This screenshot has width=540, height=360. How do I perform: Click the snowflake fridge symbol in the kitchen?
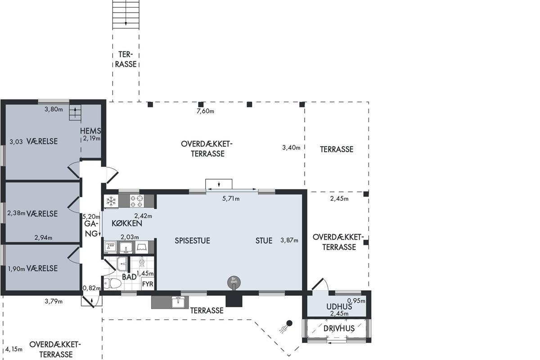pyautogui.click(x=111, y=201)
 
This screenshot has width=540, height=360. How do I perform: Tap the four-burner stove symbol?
pyautogui.click(x=137, y=201)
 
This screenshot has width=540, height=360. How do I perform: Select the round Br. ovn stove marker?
pyautogui.click(x=234, y=282)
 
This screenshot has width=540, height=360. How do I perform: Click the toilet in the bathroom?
pyautogui.click(x=112, y=283)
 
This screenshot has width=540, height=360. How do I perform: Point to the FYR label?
pyautogui.click(x=148, y=284)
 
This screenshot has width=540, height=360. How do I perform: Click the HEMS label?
pyautogui.click(x=90, y=131)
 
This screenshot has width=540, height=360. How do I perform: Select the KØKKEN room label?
pyautogui.click(x=127, y=223)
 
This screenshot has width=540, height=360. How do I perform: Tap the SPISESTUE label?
pyautogui.click(x=193, y=241)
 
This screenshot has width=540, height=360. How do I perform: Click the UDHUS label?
pyautogui.click(x=339, y=307)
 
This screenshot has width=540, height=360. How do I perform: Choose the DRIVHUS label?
pyautogui.click(x=339, y=328)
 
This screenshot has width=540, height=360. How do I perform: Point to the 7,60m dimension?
pyautogui.click(x=205, y=111)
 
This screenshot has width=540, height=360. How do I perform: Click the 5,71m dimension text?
pyautogui.click(x=231, y=199)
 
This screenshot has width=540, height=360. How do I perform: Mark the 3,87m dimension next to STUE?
pyautogui.click(x=289, y=240)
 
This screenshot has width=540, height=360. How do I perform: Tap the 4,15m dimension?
pyautogui.click(x=14, y=349)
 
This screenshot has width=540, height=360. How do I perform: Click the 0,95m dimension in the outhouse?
pyautogui.click(x=356, y=301)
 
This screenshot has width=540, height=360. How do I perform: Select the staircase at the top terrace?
pyautogui.click(x=126, y=14)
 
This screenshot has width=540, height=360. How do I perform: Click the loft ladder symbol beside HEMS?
pyautogui.click(x=75, y=112)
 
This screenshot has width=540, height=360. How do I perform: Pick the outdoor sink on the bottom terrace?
pyautogui.click(x=178, y=302)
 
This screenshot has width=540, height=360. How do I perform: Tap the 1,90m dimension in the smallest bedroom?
pyautogui.click(x=16, y=269)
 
